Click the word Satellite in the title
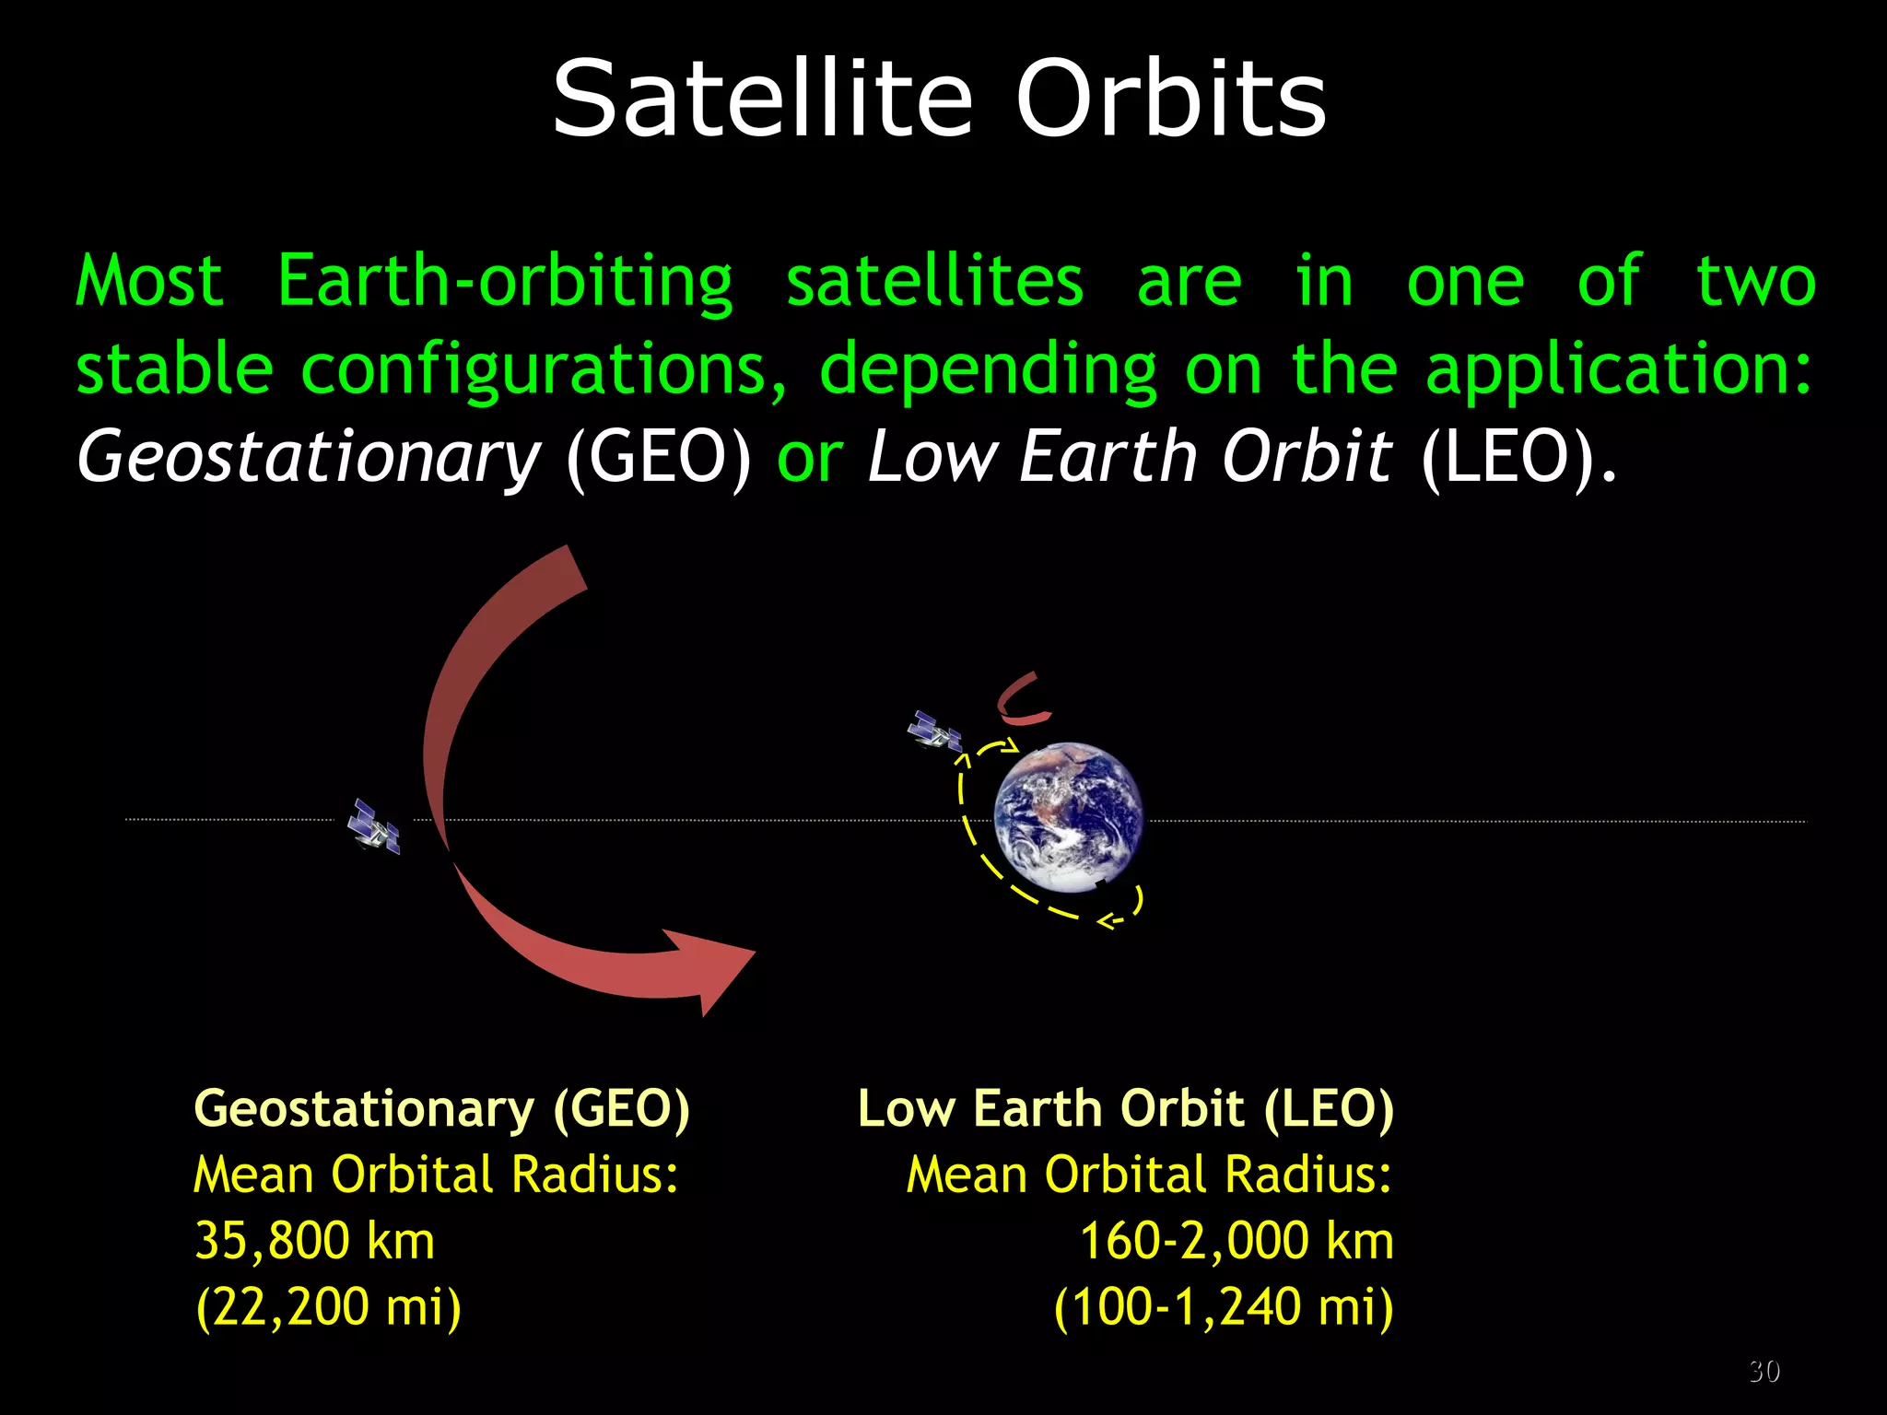pos(762,99)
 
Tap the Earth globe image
pos(1069,817)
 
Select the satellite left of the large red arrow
pos(374,826)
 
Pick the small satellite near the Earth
pos(934,731)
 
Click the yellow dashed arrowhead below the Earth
pos(1108,920)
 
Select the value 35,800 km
pos(314,1240)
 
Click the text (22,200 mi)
pos(328,1306)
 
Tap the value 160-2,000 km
pos(1236,1240)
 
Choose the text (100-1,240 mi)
pos(1223,1306)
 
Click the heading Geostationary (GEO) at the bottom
pos(441,1108)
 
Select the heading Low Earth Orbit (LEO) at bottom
pos(1125,1108)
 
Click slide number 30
pos(1764,1371)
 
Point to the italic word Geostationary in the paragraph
pos(309,458)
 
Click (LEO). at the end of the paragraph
pos(1518,458)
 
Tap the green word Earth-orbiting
pos(505,281)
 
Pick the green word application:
pos(1618,370)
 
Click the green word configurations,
pos(544,370)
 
